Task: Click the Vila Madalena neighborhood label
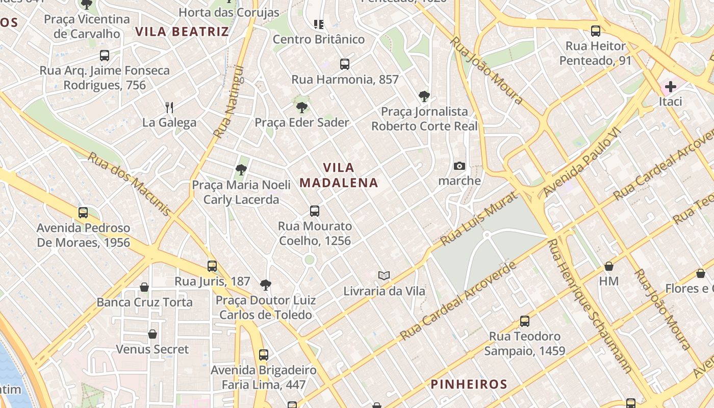click(x=339, y=175)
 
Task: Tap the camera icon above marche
click(x=460, y=166)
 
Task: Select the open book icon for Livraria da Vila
click(x=384, y=275)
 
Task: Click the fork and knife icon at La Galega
click(x=169, y=107)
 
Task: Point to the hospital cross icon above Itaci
click(x=670, y=86)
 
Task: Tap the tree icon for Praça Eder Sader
click(x=302, y=107)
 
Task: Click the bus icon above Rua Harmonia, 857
click(x=345, y=64)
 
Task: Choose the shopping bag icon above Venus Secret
click(x=152, y=334)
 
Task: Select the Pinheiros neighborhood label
click(x=469, y=384)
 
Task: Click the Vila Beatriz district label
click(x=182, y=32)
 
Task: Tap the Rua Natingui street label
click(x=229, y=102)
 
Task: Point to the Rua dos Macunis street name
click(x=130, y=184)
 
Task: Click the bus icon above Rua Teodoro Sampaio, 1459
click(x=525, y=321)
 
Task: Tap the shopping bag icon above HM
click(x=608, y=266)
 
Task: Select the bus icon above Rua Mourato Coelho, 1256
click(x=315, y=211)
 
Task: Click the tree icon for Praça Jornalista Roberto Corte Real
click(x=424, y=96)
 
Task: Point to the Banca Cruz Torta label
click(x=145, y=302)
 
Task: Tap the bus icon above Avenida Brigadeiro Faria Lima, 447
click(x=264, y=355)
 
